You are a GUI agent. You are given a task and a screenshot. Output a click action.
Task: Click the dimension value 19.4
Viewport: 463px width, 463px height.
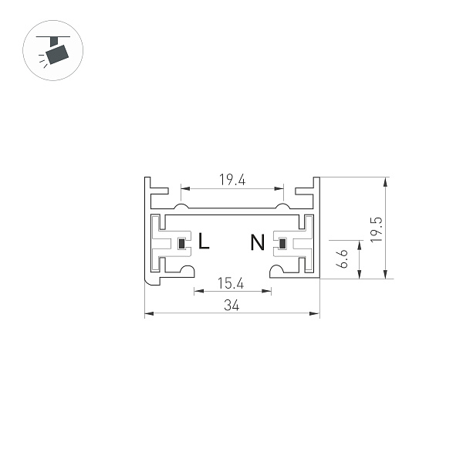pos(231,180)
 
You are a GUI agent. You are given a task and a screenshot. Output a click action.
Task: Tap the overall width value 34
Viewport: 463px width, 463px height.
pos(231,306)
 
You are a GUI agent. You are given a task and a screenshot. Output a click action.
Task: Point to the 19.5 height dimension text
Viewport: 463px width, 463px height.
pos(376,229)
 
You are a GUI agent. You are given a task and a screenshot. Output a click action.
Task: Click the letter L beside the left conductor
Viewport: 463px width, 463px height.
pos(204,242)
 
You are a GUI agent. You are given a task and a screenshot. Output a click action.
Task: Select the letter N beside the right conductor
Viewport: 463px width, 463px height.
pos(257,242)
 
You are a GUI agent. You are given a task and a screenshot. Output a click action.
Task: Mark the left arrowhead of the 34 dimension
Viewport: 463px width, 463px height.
pos(148,313)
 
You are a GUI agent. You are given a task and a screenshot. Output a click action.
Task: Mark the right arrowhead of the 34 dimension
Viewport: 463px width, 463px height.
pos(316,313)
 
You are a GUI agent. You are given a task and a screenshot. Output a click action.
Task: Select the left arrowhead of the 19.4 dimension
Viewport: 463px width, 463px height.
pos(184,188)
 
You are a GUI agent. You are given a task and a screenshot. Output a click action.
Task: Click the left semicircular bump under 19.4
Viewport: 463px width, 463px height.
pos(181,207)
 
